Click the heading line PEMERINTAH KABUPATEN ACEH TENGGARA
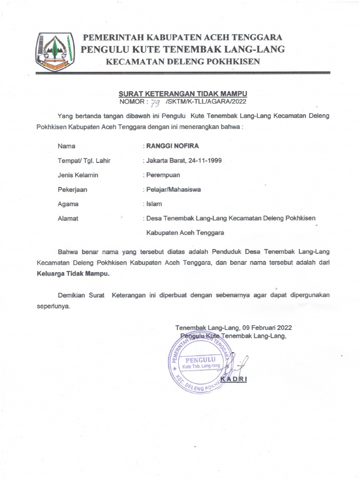click(x=182, y=37)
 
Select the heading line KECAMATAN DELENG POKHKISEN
click(x=182, y=62)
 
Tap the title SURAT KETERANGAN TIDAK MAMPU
click(x=183, y=93)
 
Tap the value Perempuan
click(x=163, y=175)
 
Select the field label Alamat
click(x=68, y=218)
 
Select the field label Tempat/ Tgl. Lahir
click(x=84, y=160)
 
